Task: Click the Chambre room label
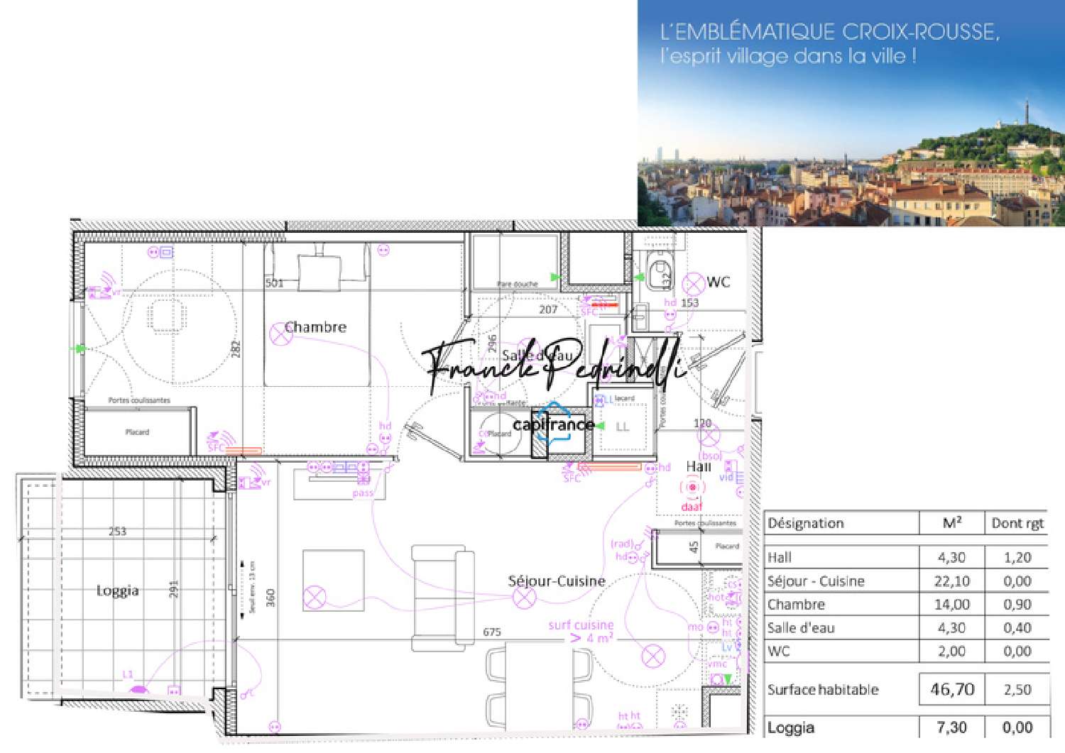315,327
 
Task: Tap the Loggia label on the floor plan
117,590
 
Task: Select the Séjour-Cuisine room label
557,581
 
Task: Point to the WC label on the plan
719,282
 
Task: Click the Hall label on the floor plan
699,466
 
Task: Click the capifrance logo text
553,425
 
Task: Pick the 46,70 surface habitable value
952,689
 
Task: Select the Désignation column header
806,523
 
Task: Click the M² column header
952,523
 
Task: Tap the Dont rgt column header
1017,523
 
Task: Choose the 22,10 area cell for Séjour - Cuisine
952,581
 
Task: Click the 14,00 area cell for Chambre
952,605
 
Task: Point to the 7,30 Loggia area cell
952,727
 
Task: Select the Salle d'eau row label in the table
801,628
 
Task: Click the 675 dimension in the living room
492,632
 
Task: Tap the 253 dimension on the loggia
117,531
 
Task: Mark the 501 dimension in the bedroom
275,283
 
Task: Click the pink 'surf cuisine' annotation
581,625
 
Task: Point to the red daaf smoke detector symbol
692,488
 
